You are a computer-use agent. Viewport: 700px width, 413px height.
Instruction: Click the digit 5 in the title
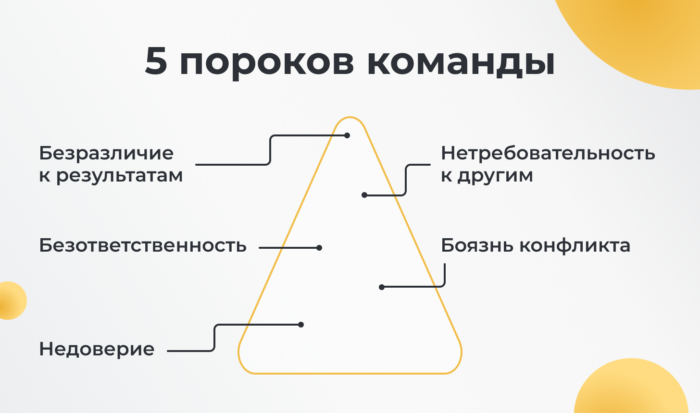[156, 61]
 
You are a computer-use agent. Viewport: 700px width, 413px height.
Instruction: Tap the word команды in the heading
[461, 63]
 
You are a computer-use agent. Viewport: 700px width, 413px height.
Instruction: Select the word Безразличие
[106, 153]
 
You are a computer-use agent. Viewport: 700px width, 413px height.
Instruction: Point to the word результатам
[119, 176]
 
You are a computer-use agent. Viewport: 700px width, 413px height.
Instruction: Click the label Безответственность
[143, 245]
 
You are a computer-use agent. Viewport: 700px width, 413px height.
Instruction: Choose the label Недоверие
[97, 349]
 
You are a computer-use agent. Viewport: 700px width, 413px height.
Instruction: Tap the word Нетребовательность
[548, 153]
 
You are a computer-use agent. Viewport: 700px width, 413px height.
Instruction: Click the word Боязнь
[478, 245]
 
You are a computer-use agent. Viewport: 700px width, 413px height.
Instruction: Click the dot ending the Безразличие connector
[347, 135]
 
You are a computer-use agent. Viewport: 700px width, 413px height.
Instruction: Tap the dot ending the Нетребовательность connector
[364, 195]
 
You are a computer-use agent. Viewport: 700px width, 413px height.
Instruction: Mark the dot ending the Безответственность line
[319, 248]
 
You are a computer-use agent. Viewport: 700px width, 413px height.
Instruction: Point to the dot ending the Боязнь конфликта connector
[382, 287]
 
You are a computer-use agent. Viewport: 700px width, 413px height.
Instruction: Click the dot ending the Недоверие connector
[301, 325]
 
